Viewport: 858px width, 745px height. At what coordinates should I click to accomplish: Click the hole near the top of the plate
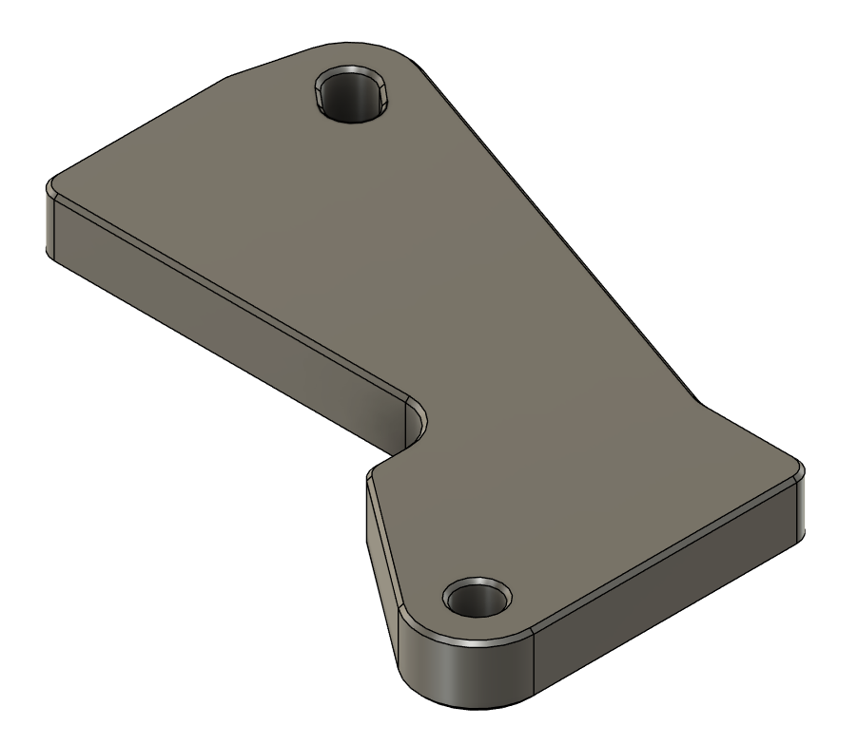pos(352,95)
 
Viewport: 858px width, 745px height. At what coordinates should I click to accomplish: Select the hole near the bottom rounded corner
pos(478,599)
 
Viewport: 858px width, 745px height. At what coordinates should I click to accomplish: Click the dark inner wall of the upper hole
pos(350,100)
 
